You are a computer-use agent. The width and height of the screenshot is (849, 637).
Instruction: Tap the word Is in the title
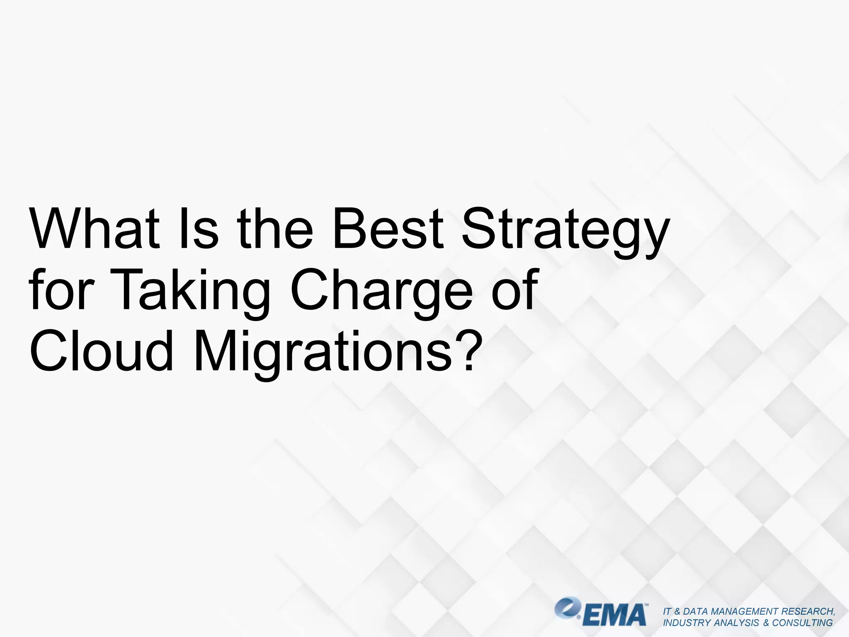point(198,229)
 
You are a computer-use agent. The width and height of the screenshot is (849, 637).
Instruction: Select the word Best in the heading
point(388,229)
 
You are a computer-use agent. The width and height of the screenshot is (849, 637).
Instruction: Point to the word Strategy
point(566,232)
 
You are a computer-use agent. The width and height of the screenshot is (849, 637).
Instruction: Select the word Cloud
point(102,350)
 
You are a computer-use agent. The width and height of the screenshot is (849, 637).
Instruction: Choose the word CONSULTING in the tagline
point(802,623)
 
